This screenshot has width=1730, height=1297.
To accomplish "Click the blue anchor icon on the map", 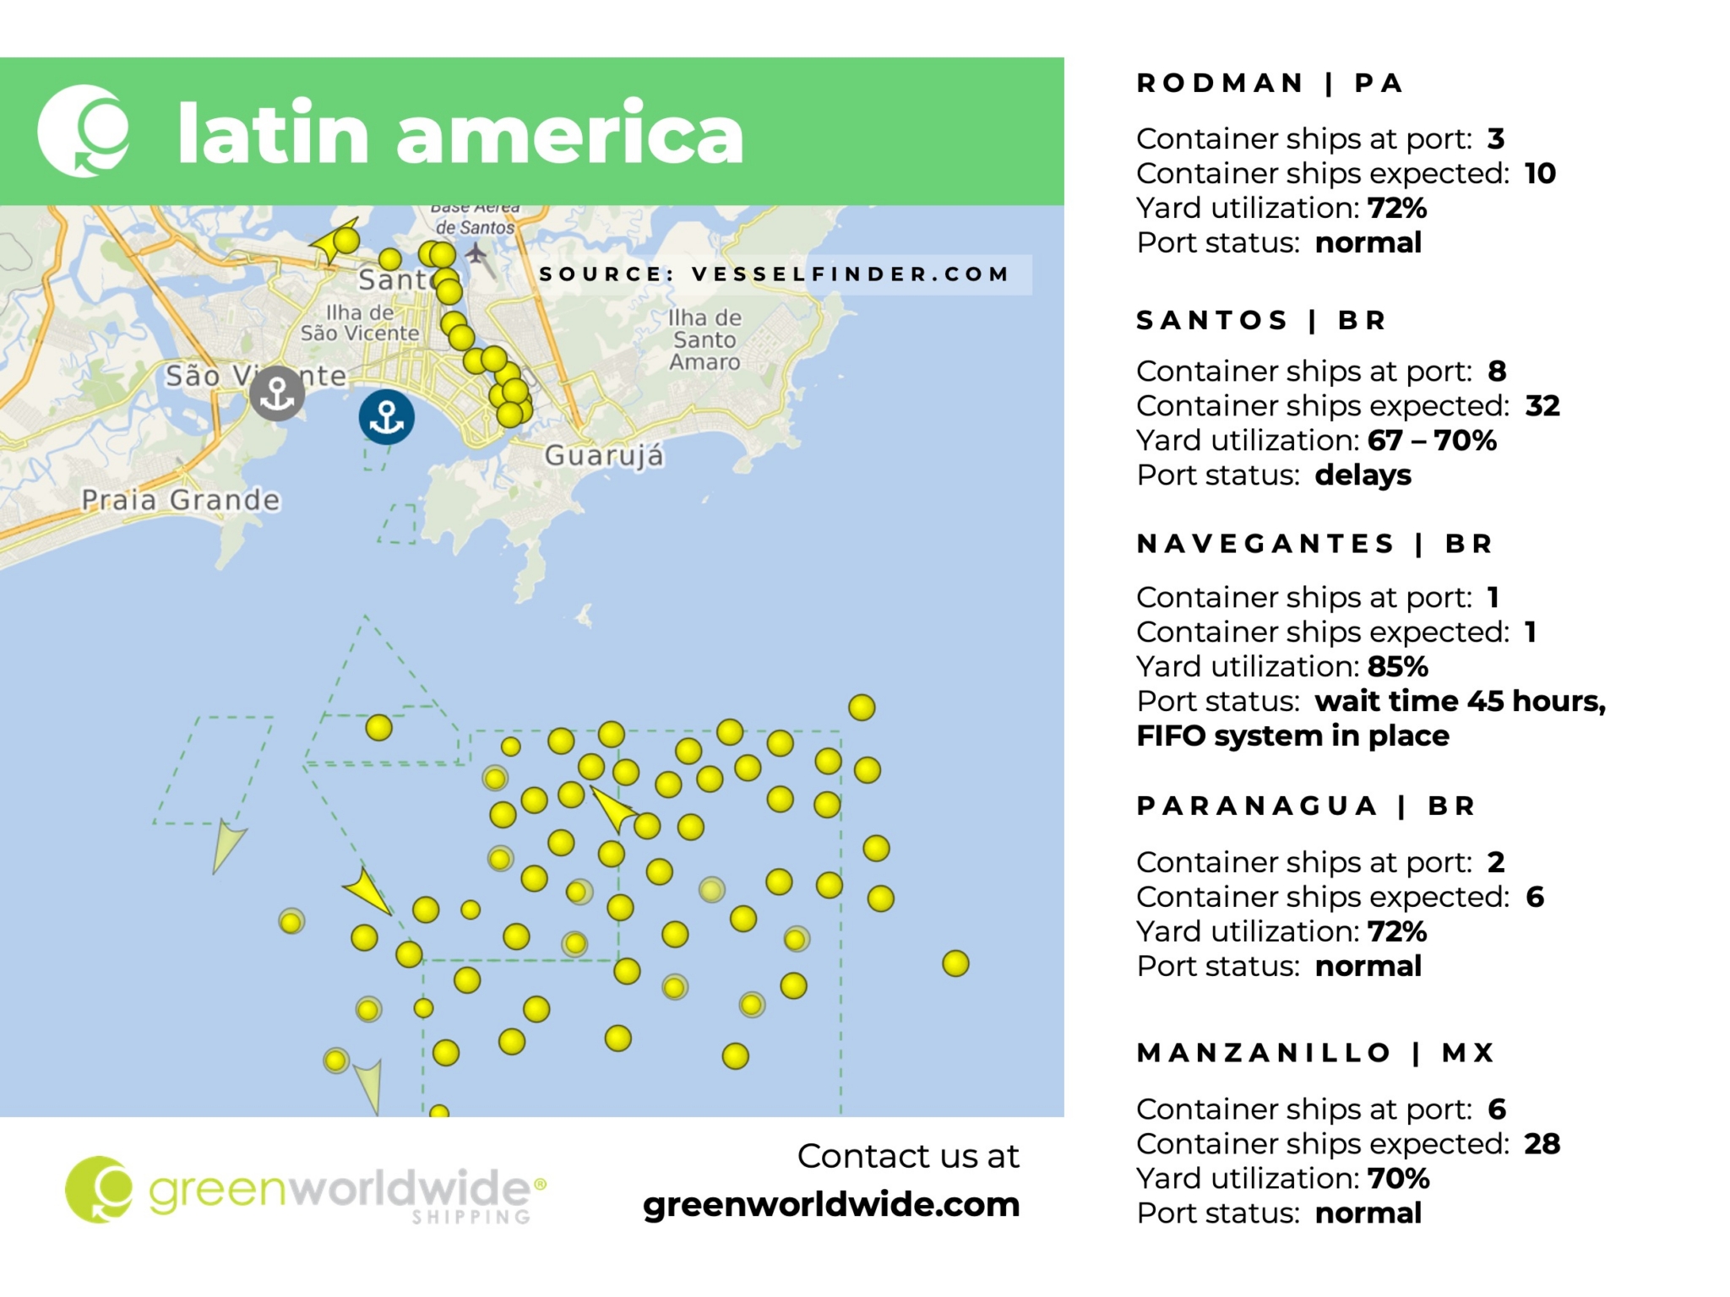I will coord(386,417).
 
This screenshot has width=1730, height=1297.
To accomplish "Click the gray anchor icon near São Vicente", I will coord(277,393).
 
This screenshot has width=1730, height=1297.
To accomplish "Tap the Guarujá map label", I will coord(604,456).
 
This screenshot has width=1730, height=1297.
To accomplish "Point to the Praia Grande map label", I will coord(181,500).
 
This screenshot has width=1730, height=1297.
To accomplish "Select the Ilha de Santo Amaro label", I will coord(705,340).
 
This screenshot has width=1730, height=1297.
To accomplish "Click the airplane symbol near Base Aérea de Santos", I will coord(476,252).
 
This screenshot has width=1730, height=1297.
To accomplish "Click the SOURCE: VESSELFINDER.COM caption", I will coord(774,274).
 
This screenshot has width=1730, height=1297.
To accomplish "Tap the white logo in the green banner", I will coord(84,131).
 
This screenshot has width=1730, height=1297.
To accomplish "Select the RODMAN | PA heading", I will coord(1270,84).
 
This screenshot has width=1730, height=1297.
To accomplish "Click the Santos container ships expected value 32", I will coord(1542,406).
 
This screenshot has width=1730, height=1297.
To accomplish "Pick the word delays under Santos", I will coord(1363,475).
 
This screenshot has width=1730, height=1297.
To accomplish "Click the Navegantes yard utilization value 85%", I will coord(1398,667).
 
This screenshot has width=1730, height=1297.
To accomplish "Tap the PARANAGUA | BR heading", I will coord(1305,806).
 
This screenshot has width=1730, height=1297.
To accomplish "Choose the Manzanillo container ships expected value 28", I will coord(1542,1144).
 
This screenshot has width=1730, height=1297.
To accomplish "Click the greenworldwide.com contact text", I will coord(831,1205).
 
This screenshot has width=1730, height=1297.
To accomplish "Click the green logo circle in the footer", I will coord(99,1190).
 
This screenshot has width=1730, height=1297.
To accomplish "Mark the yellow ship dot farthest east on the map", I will coord(955,963).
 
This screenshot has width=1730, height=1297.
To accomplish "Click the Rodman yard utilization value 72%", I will coord(1397,208).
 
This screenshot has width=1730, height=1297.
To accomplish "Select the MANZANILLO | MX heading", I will coord(1315,1053).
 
